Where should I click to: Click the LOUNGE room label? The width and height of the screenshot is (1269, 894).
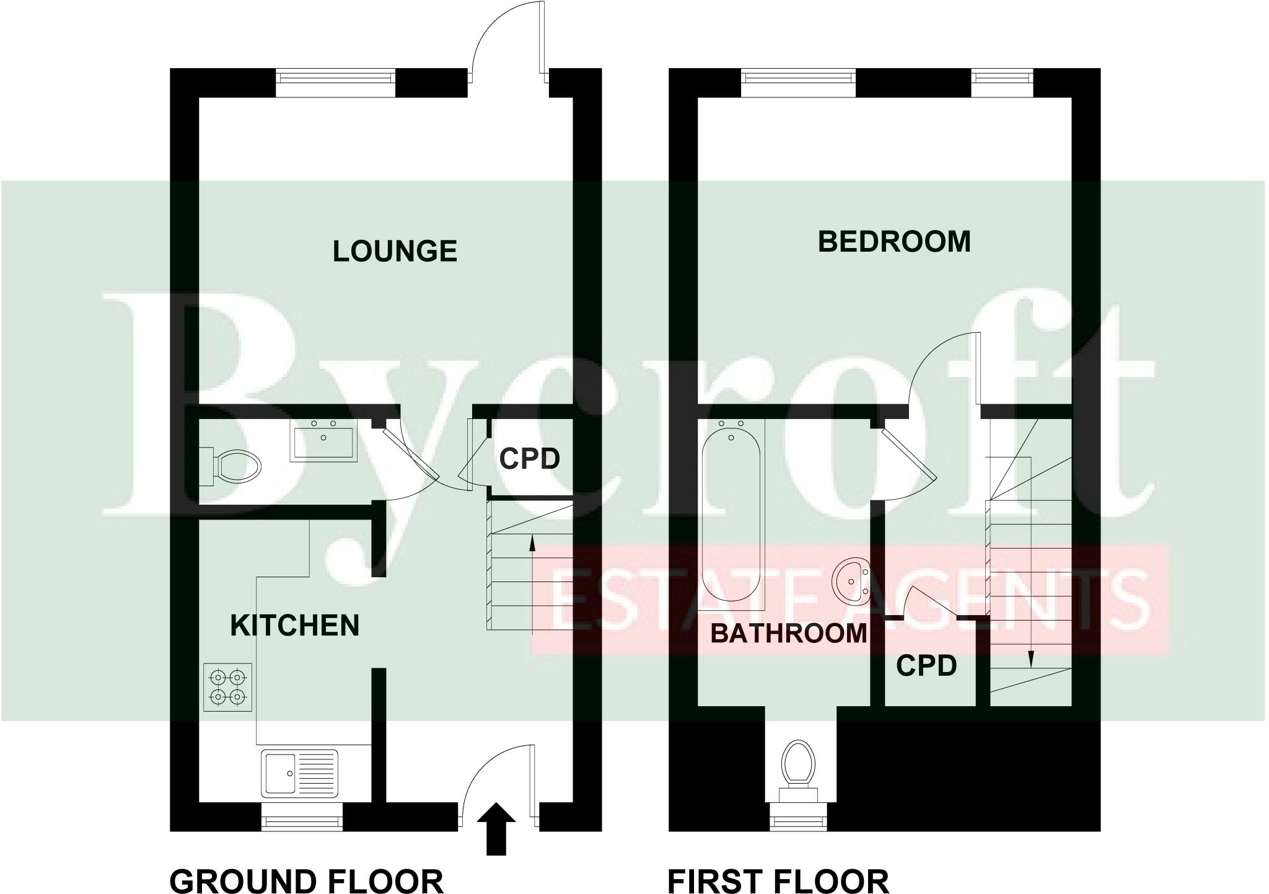coord(395,251)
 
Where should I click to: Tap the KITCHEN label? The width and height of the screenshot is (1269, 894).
coord(295,626)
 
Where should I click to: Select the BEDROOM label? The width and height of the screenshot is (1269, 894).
coord(894,241)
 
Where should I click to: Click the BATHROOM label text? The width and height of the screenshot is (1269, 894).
coord(788,634)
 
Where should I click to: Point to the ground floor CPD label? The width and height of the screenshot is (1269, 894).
coord(529,459)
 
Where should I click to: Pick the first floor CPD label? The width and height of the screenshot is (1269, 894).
coord(926,666)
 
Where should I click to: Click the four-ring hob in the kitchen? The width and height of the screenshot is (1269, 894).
coord(227,687)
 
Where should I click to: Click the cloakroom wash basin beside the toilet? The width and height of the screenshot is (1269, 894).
coord(323,440)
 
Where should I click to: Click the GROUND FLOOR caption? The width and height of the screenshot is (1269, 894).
coord(306,881)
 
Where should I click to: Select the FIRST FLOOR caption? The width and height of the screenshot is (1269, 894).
coord(778,881)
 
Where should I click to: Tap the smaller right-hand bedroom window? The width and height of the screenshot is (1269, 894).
coord(1002,77)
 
